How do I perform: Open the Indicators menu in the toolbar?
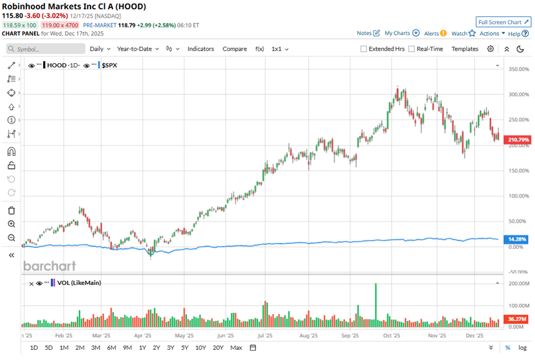tap(201, 49)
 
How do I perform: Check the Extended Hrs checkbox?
tap(364, 49)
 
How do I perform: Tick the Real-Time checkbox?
tap(411, 49)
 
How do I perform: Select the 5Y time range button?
tap(185, 347)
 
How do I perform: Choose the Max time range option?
tap(236, 347)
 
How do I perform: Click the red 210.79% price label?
tap(518, 139)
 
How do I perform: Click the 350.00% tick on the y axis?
tap(518, 69)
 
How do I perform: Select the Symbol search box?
tap(46, 49)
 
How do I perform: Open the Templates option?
tap(464, 49)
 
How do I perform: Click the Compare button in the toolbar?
tap(234, 49)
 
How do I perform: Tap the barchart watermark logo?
tap(49, 266)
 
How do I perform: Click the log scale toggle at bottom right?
tap(522, 347)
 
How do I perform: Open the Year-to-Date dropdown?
tap(138, 49)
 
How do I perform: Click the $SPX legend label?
tap(114, 65)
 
